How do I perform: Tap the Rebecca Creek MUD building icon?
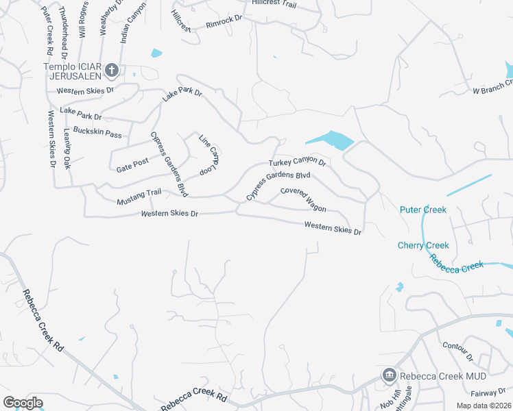pyautogui.click(x=389, y=375)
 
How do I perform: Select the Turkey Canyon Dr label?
pyautogui.click(x=297, y=162)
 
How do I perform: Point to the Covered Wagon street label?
pyautogui.click(x=303, y=199)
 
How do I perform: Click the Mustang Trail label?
pyautogui.click(x=139, y=197)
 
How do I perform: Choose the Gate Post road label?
pyautogui.click(x=132, y=165)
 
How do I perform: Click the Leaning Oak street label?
pyautogui.click(x=67, y=149)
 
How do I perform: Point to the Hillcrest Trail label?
pyautogui.click(x=274, y=3)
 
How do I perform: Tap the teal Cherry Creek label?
pyautogui.click(x=423, y=245)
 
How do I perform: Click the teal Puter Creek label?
pyautogui.click(x=423, y=210)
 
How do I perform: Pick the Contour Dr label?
pyautogui.click(x=458, y=352)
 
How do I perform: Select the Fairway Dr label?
pyautogui.click(x=488, y=393)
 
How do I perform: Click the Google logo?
pyautogui.click(x=23, y=402)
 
